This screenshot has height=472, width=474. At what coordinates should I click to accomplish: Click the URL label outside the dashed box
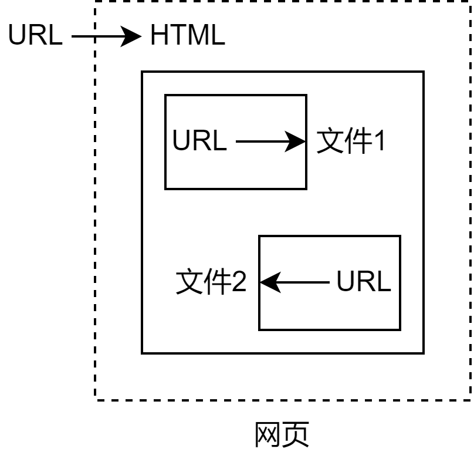point(35,35)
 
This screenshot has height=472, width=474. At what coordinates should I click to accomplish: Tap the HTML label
point(188,35)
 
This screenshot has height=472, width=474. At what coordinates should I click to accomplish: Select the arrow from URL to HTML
point(106,36)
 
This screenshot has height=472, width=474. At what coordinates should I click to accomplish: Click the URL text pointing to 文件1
point(199,140)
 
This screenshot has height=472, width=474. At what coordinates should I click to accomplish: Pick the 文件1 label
point(351,140)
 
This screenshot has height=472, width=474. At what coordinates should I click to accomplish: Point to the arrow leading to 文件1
point(270,141)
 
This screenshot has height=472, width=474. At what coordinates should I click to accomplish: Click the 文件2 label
point(211,281)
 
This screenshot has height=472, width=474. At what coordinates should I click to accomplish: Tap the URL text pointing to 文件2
point(364,281)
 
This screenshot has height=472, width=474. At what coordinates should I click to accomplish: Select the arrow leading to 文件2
point(294,282)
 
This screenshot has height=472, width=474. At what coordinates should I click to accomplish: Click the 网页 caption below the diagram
point(282,434)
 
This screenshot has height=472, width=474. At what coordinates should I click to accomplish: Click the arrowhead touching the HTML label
point(131,36)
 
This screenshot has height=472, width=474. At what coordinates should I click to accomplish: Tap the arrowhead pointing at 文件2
point(270,282)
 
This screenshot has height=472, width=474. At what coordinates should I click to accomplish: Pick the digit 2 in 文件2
point(239,281)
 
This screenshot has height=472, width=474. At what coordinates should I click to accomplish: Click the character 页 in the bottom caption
point(296,434)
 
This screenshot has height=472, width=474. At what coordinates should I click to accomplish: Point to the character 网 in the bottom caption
point(268,435)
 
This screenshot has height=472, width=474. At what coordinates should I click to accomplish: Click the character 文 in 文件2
point(189,281)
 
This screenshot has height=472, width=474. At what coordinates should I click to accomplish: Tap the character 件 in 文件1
point(358,140)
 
